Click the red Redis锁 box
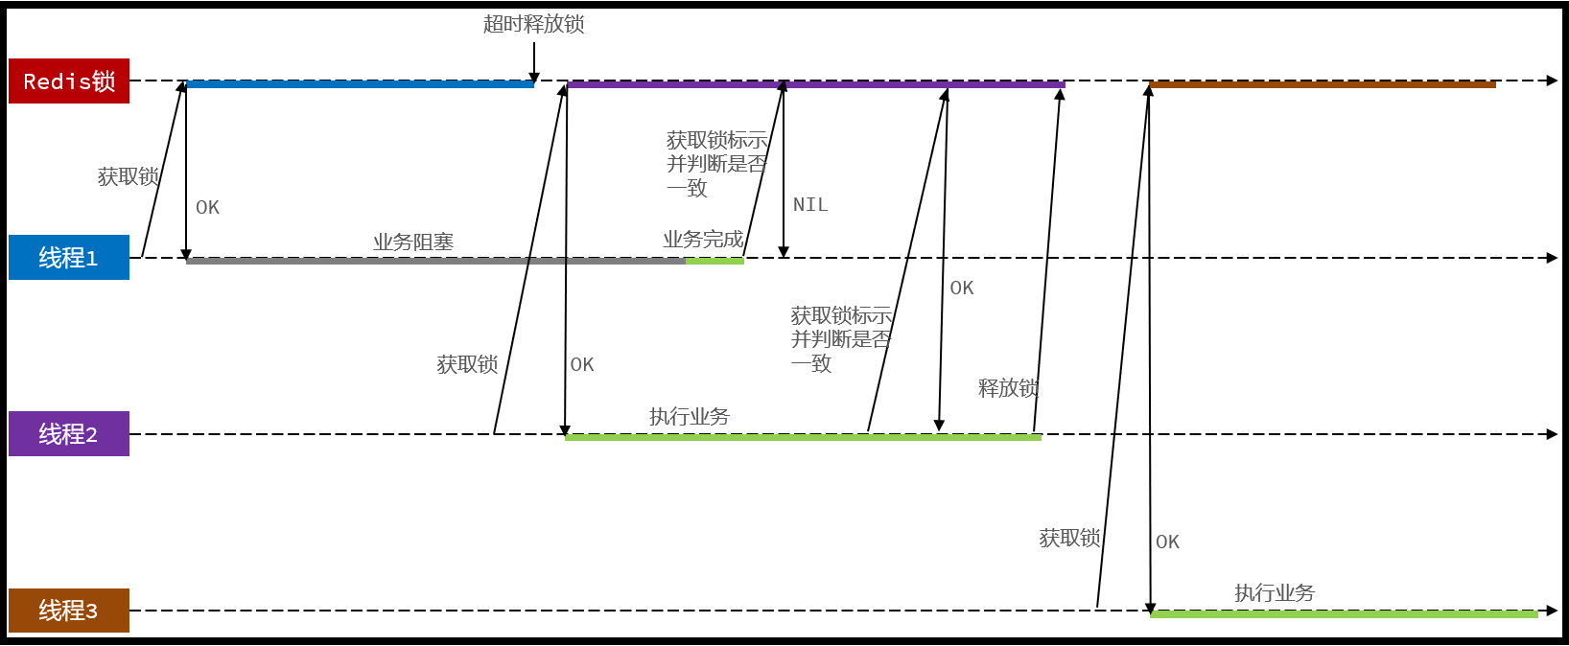69,81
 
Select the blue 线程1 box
69,257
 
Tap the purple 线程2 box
69,433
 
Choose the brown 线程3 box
69,610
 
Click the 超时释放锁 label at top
533,24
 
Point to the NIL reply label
809,204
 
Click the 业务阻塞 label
413,242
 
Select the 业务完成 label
703,239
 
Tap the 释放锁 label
1008,387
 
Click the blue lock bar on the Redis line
360,84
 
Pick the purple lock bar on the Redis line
815,84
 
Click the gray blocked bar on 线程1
435,261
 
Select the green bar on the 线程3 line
1343,613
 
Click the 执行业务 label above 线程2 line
689,416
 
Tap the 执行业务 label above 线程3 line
1274,592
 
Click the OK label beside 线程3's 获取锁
1167,542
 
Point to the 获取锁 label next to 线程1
128,176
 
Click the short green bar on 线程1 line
714,261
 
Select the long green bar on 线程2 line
803,437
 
